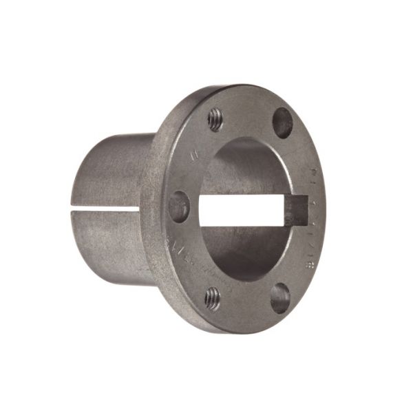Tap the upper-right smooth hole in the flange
pos(282,123)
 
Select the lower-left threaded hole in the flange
pos(213,298)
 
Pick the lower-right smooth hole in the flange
pos(279,297)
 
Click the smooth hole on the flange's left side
pos(179,206)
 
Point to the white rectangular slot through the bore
pos(244,211)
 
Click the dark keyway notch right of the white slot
pos(298,210)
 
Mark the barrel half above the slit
pos(114,169)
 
